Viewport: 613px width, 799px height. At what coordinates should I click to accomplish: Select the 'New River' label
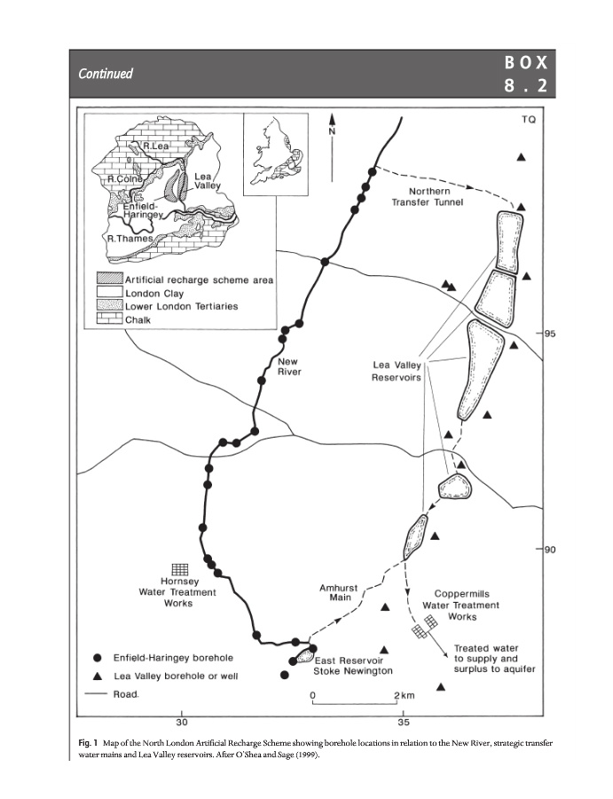(289, 367)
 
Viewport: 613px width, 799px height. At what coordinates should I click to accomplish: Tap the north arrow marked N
(332, 126)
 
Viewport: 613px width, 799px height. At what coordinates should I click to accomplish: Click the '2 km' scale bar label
(401, 693)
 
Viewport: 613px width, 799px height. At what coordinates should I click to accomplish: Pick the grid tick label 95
(550, 334)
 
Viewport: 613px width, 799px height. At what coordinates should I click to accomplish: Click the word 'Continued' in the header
(105, 74)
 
